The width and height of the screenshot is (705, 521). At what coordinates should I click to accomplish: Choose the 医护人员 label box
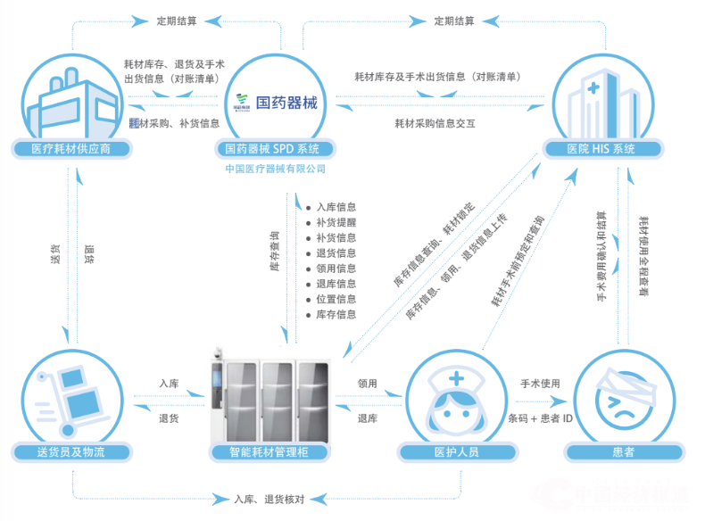point(455,452)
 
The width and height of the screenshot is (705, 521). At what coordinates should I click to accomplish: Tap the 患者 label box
point(624,452)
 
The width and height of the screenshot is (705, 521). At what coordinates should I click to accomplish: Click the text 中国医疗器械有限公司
point(275,168)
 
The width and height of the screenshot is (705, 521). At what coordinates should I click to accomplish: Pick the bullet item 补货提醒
point(336,222)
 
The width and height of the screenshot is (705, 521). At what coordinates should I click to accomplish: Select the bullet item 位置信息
point(336,299)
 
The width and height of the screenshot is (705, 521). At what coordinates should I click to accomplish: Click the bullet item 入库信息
point(336,207)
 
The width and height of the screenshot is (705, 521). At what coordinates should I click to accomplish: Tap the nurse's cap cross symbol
point(457,379)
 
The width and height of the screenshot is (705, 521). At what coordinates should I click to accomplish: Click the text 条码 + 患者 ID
point(540,418)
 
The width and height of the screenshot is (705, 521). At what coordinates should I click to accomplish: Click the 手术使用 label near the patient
point(540,384)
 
